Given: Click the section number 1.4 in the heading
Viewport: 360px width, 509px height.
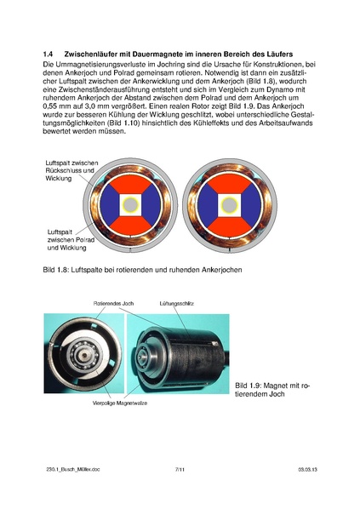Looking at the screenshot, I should click(x=49, y=54).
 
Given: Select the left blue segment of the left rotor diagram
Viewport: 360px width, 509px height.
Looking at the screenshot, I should click(x=106, y=205).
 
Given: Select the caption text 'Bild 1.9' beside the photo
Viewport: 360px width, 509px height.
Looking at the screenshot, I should click(x=251, y=385).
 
